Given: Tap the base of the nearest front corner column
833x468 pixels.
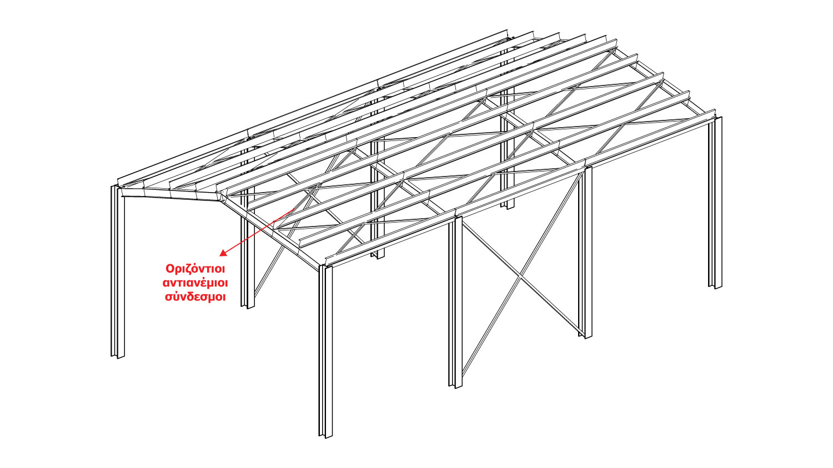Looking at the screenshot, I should click(325, 434).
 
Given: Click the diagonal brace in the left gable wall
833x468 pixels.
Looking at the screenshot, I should click(269, 266).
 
